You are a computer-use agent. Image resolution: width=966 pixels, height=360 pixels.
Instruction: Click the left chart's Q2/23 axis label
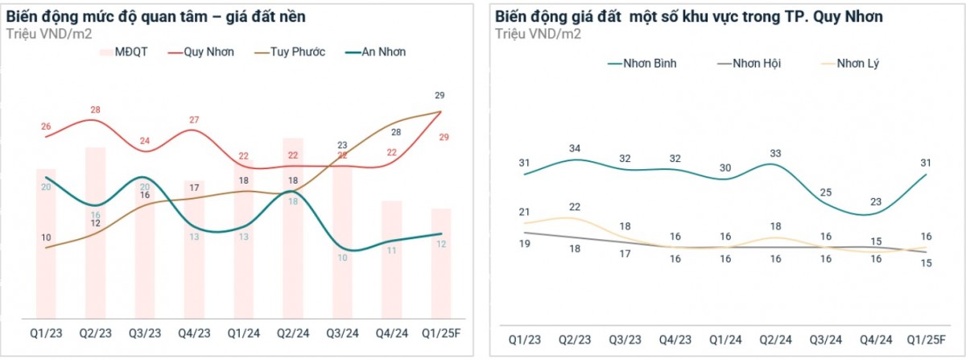pos(95,333)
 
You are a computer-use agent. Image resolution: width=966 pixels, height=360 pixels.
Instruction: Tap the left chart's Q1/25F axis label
pos(439,333)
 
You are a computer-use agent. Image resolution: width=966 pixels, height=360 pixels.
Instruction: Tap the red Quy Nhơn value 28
pos(95,110)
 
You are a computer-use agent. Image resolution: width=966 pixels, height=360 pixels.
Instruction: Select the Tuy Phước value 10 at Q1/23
pos(46,238)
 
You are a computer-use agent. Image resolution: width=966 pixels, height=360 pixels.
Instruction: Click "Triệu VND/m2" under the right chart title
pos(537,34)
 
